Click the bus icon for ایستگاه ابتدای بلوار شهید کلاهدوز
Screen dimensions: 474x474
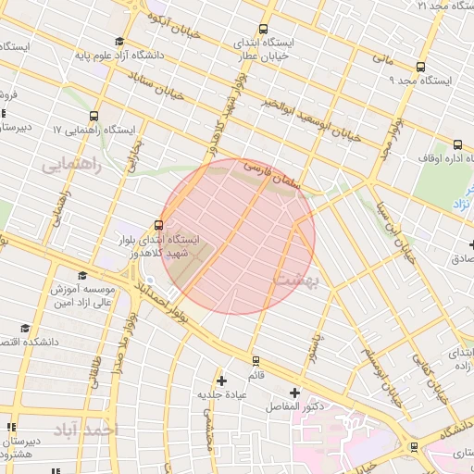point(158,224)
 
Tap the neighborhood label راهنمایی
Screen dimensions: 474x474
point(68,163)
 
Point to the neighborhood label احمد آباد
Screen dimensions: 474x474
point(87,430)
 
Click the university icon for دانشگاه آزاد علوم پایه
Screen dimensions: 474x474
point(118,41)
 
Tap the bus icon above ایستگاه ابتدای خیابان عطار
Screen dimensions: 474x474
point(264,29)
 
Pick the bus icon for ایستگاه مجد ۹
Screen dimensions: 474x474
point(420,67)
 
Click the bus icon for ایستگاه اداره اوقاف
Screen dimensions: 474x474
point(457,143)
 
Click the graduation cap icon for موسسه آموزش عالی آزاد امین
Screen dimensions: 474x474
point(82,275)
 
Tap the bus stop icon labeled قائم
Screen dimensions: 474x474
point(256,361)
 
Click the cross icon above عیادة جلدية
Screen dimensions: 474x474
point(220,380)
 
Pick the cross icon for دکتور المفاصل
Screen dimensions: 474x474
point(295,393)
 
